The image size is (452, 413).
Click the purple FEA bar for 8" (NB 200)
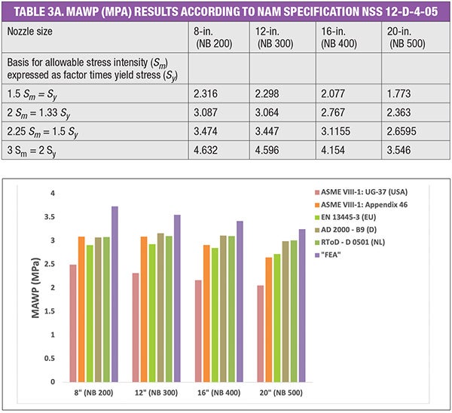pos(115,294)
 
